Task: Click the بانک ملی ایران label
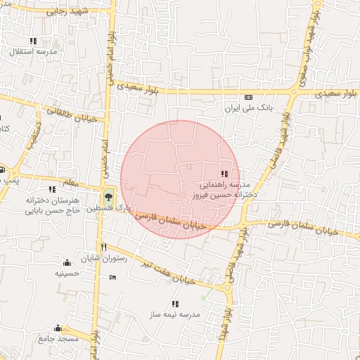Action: point(247,109)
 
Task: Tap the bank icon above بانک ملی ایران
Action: point(247,98)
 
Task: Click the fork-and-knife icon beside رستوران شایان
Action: point(104,247)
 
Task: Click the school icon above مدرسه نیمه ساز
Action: point(174,304)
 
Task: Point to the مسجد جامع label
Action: point(58,340)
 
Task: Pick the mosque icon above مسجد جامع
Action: point(58,328)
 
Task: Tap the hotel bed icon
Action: point(112,277)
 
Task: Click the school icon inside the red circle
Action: point(224,174)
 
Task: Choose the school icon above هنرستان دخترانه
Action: point(52,188)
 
